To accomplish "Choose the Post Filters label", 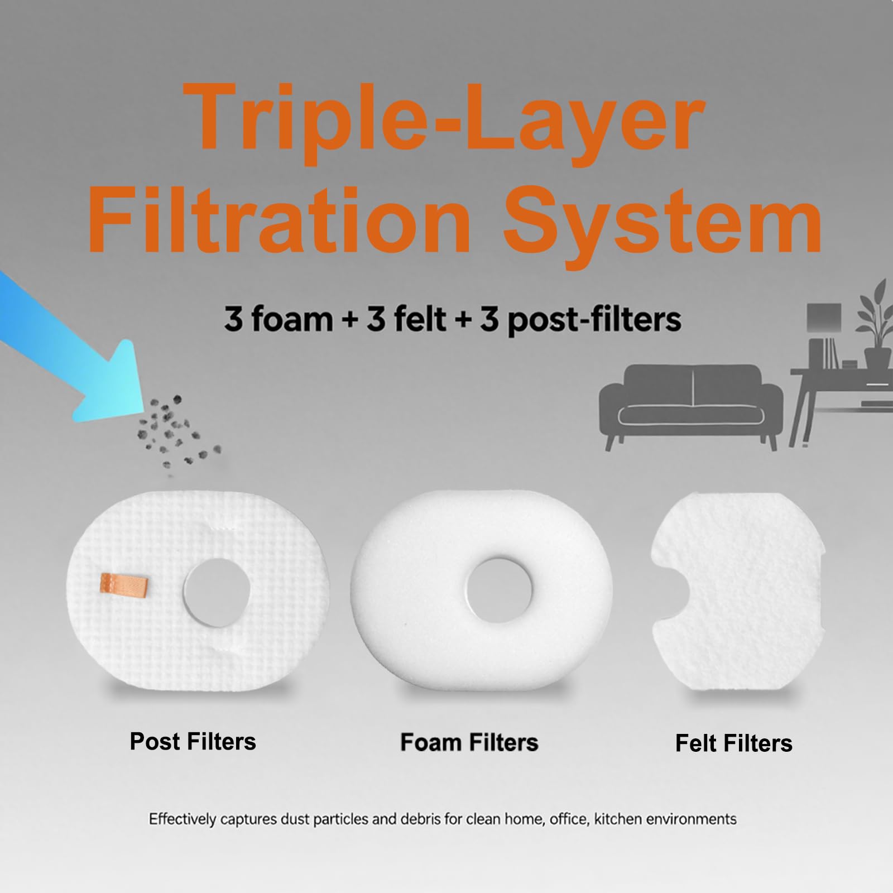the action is pyautogui.click(x=193, y=742).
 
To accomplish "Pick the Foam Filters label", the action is pyautogui.click(x=469, y=743).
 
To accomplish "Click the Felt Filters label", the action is pyautogui.click(x=734, y=743).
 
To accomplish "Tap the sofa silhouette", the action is pyautogui.click(x=691, y=405).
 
